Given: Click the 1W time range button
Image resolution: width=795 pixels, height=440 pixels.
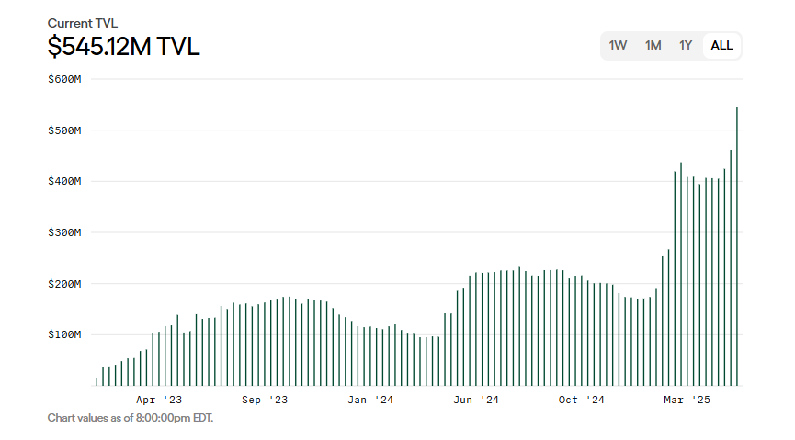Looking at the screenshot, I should click(618, 45).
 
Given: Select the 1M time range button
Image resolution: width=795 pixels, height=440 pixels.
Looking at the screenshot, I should click(653, 45).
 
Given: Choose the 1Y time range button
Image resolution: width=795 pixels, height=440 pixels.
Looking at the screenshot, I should click(686, 45).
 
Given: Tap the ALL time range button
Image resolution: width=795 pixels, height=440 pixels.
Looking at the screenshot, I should click(722, 45).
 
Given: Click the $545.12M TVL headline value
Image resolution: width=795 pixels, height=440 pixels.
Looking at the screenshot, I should click(123, 46).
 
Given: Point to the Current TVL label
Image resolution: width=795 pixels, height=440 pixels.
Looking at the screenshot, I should click(83, 23).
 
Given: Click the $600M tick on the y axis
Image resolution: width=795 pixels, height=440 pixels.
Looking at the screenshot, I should click(65, 79).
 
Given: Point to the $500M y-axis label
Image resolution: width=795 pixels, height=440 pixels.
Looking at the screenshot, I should click(65, 130).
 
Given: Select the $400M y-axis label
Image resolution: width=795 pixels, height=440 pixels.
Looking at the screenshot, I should click(65, 181).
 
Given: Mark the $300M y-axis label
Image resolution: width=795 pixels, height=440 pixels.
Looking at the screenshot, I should click(65, 232).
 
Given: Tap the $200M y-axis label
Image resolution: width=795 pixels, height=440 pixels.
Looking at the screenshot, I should click(65, 284).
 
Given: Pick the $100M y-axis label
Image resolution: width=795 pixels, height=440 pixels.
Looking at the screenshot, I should click(65, 334).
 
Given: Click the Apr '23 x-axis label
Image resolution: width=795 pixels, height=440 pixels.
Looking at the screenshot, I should click(159, 400).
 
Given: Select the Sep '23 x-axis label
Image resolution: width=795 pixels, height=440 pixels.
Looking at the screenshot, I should click(265, 400).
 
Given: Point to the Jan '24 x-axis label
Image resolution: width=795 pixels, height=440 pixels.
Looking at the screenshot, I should click(370, 400).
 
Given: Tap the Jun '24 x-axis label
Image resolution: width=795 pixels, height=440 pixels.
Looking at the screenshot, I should click(476, 400).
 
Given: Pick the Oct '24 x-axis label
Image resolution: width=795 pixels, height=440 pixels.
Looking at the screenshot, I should click(582, 400).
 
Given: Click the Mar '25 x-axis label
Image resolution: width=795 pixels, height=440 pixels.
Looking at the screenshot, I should click(687, 400).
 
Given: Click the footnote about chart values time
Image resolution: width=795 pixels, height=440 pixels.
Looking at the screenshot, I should click(131, 418).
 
